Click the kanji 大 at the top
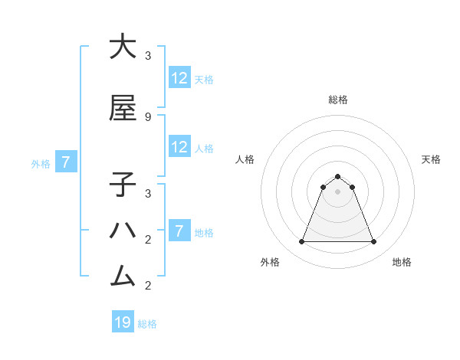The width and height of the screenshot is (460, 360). coord(123,47)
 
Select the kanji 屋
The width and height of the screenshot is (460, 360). coord(123,109)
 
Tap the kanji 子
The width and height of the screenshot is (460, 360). coord(123,185)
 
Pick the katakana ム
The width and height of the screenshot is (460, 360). coord(123,275)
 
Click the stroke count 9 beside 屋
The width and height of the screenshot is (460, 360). coord(148,116)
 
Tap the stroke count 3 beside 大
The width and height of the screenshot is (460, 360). coord(148,56)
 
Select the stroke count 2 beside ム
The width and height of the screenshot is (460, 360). coord(148,286)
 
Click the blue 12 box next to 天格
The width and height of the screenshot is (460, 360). coord(179,78)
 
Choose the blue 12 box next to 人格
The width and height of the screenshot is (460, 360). coord(179,147)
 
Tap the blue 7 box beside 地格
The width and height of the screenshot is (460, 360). coord(179,231)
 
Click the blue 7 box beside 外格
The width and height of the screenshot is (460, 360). coord(66,162)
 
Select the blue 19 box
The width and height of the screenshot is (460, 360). coord(123,322)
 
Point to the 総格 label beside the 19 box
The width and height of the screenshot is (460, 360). coord(147,324)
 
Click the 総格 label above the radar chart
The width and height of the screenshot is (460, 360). coord(337,100)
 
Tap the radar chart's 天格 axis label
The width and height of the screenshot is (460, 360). coord(431,159)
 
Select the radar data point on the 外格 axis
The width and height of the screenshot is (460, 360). coord(301,242)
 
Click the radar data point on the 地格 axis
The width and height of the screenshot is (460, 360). coord(374,242)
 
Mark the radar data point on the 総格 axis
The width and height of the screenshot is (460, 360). coord(337,176)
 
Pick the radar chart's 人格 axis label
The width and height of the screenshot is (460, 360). coord(245,159)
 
